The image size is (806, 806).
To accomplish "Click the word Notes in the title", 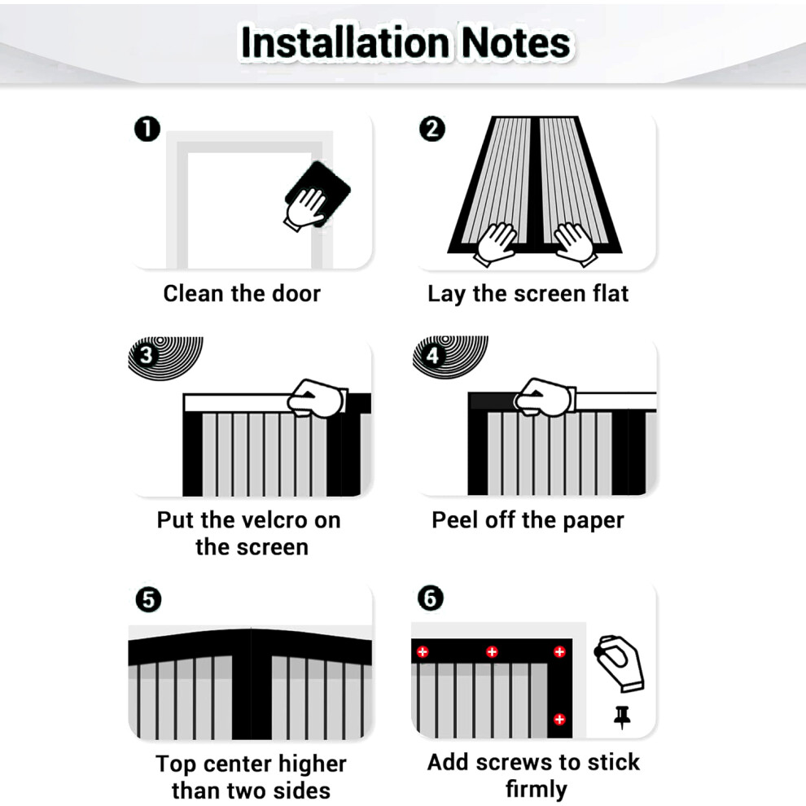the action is pos(516,42).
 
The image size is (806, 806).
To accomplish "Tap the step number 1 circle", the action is pos(147,129).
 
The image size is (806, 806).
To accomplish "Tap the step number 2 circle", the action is pos(431,129).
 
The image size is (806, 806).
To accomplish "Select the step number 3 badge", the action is pos(147,355).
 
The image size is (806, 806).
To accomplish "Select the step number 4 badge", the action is pos(431,355).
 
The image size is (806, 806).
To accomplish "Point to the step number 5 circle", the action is pos(148,599).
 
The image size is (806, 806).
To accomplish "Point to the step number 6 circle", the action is pos(430,598).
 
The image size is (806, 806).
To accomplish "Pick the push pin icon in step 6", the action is pos(622,717).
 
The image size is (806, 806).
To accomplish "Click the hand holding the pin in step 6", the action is pos(620,663).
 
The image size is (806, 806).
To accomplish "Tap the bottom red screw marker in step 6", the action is pos(560,719).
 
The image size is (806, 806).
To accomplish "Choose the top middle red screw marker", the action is pos(492,652).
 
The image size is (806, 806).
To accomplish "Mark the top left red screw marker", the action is pos(423,652).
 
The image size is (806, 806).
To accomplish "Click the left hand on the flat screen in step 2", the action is pos(494,243).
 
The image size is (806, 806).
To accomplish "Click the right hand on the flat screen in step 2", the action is pos(576,243).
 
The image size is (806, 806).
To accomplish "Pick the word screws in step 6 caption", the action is pos(519,762).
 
